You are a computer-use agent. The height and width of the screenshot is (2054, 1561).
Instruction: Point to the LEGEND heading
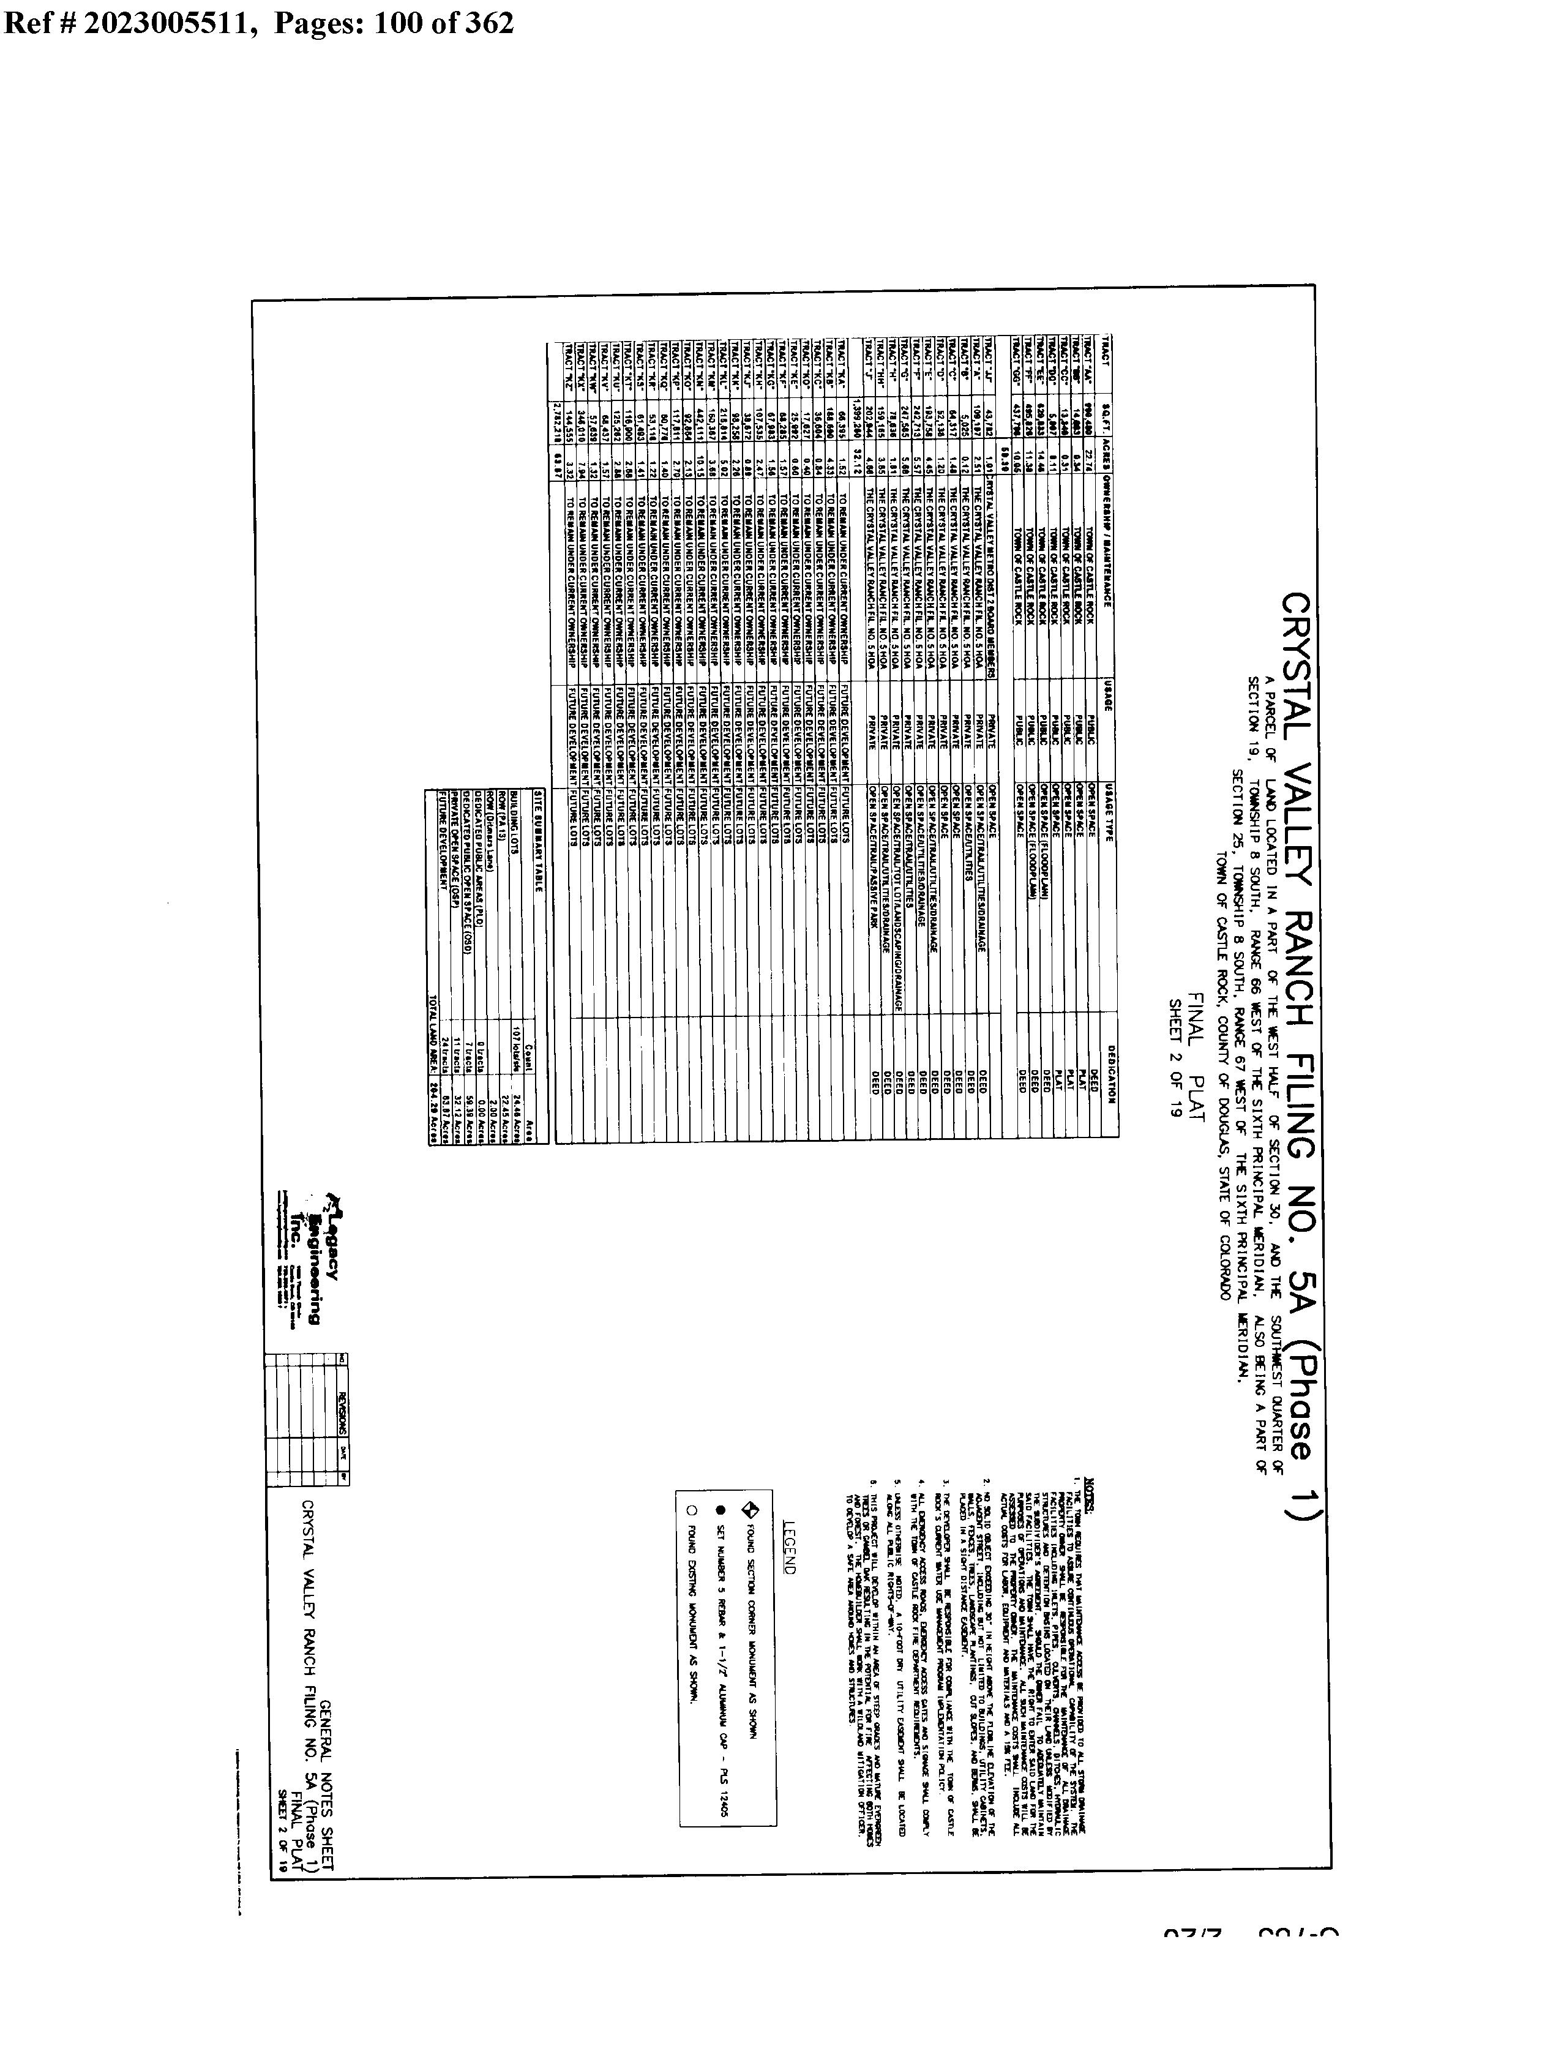pos(789,1548)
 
